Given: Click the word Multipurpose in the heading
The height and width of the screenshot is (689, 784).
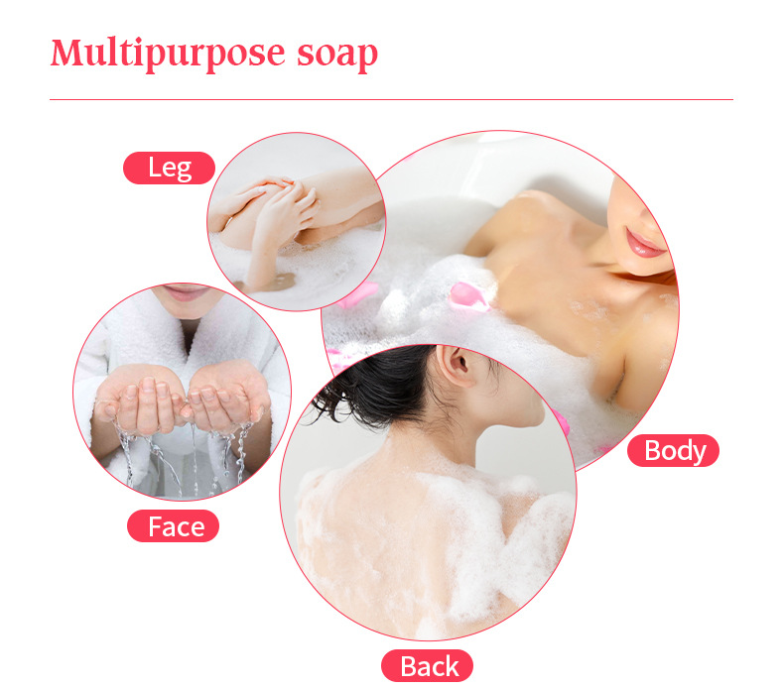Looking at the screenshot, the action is click(168, 54).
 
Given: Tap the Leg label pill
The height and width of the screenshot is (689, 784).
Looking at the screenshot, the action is click(169, 168).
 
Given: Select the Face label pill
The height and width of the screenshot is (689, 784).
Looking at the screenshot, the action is click(173, 526).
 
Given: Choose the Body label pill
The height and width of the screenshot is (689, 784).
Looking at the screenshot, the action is click(673, 451).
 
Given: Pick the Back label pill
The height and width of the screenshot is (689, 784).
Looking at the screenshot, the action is click(427, 666).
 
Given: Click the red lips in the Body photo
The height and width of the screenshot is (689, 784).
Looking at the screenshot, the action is click(643, 244).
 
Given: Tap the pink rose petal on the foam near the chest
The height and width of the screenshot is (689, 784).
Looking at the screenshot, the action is click(468, 296).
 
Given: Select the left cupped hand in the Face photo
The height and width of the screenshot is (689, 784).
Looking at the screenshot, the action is click(140, 400).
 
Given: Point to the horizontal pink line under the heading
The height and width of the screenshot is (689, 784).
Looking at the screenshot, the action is click(391, 99).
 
